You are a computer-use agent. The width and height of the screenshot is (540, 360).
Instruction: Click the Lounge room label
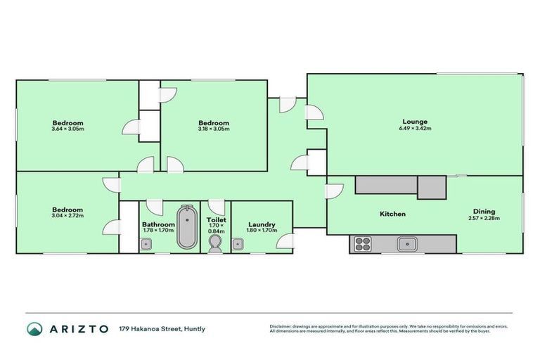click(x=415, y=122)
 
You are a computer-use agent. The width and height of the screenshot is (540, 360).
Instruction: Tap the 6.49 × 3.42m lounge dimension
click(x=415, y=129)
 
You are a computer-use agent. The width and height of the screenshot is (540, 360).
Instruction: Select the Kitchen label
click(x=392, y=214)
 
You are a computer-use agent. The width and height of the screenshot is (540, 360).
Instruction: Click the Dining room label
click(x=484, y=211)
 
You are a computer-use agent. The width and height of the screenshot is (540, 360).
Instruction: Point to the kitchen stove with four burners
click(x=362, y=244)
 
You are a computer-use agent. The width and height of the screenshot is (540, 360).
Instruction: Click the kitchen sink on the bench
click(x=406, y=244)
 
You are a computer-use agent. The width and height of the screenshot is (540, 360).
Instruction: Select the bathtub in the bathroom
click(x=186, y=227)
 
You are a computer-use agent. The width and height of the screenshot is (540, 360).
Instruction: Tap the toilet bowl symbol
click(x=215, y=243)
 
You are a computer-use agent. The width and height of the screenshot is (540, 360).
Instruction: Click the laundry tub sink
click(x=238, y=244)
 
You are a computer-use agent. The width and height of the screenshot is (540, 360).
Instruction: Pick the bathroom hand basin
click(x=146, y=244)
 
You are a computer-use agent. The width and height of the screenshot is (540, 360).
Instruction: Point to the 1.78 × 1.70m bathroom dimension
click(x=158, y=231)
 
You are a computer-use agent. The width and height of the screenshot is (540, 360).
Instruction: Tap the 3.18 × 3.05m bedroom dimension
click(x=213, y=129)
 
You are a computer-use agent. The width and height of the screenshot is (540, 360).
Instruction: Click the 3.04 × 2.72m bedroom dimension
click(x=67, y=216)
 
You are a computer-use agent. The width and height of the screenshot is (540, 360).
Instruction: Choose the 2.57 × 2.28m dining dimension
click(x=484, y=218)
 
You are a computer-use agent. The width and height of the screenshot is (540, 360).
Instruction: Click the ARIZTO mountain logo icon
click(x=34, y=329)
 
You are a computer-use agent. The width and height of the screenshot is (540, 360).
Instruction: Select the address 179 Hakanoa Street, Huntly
click(x=162, y=329)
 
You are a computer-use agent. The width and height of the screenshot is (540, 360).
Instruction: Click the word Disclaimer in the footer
click(x=282, y=326)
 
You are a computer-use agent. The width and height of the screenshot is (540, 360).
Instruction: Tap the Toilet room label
click(x=216, y=219)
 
